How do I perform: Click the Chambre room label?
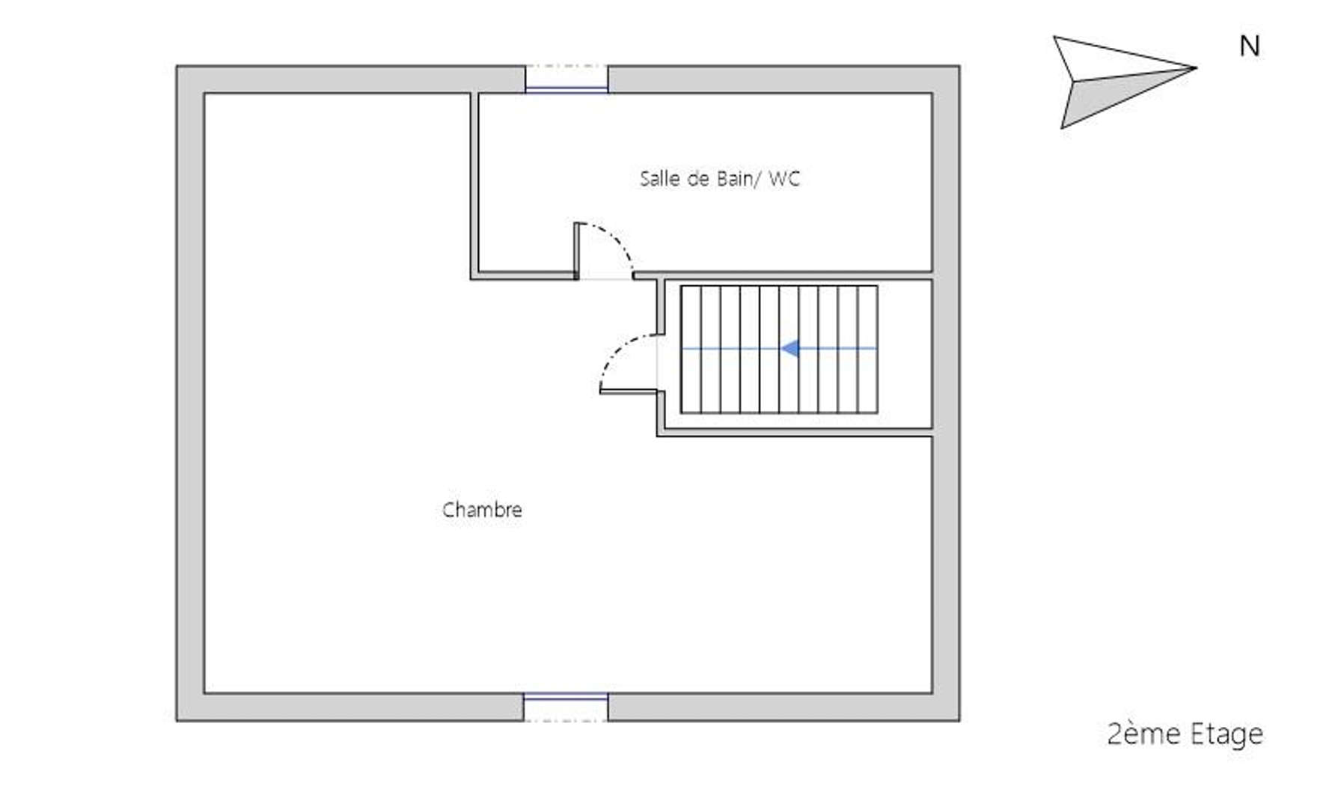coord(482,510)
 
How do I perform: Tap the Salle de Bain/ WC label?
coord(720,178)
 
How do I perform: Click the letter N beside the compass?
coord(1249,46)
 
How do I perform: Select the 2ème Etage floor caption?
coord(1185,734)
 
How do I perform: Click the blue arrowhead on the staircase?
coord(789,348)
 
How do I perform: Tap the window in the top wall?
coord(566,79)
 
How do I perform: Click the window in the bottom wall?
coord(566,707)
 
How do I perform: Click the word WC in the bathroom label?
coord(784,178)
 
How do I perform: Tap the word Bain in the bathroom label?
coord(734,178)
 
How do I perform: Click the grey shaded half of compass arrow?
coord(1115,95)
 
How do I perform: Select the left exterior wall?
coord(190,393)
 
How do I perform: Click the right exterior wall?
coord(946,393)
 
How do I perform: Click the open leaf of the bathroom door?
coord(577,251)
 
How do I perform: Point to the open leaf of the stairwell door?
coord(629,390)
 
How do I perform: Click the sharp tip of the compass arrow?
coord(1196,68)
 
